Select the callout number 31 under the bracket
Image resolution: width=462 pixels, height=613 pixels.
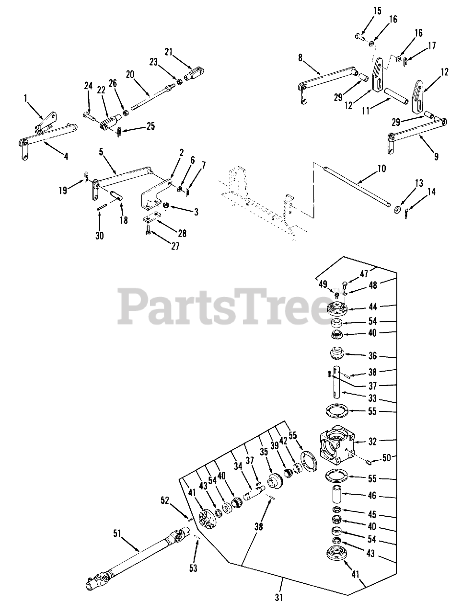point(279,597)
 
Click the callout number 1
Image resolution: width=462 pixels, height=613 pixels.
point(25,98)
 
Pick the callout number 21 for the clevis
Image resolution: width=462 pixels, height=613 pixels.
point(168,52)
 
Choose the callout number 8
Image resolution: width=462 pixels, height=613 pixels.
point(300,58)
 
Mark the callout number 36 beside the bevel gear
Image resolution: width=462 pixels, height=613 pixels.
point(373,356)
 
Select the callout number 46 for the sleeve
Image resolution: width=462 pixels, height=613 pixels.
point(372,496)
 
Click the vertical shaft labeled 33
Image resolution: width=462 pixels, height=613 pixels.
point(339,386)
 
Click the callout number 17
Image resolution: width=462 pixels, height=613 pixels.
point(432,46)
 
